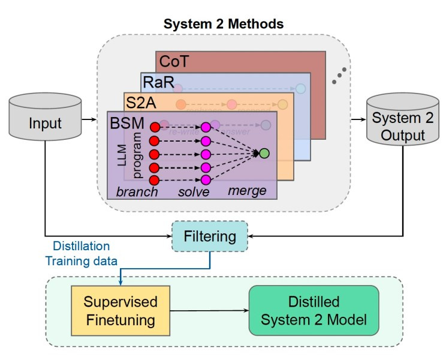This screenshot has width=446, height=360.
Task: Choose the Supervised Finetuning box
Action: (x=120, y=310)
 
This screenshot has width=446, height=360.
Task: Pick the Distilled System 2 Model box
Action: (x=314, y=310)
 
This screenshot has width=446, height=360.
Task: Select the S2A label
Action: (x=140, y=102)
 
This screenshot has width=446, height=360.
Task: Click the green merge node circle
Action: (x=264, y=153)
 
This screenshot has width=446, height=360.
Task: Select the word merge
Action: (x=248, y=191)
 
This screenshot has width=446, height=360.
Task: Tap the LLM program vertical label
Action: (x=129, y=157)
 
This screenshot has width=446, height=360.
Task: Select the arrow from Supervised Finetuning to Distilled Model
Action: (x=210, y=310)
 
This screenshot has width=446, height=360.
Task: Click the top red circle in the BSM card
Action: (x=154, y=127)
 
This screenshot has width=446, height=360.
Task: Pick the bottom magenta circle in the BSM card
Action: (x=206, y=180)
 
